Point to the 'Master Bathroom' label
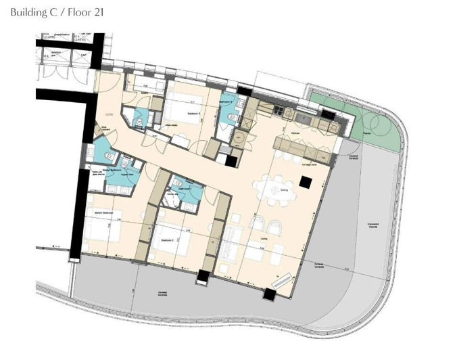pyautogui.click(x=112, y=170)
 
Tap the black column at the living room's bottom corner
pyautogui.click(x=272, y=295)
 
